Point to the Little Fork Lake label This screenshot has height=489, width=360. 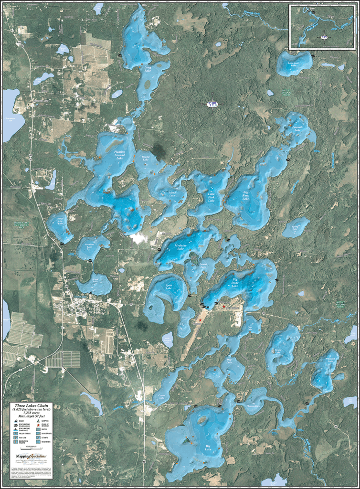point(211,197)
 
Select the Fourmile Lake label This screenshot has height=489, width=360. point(297,128)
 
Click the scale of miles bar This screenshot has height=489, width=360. point(31,448)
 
